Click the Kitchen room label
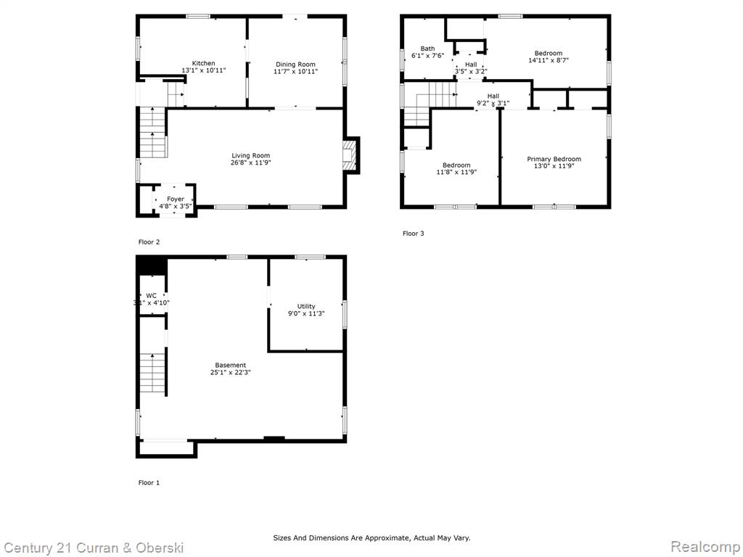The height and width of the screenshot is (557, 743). coord(203,63)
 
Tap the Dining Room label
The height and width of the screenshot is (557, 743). coord(296,65)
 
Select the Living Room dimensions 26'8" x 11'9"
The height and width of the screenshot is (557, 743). coord(250,163)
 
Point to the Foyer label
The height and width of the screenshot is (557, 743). coord(176,199)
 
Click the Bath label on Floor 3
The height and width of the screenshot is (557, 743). coord(427,49)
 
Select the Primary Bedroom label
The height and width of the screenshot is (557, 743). coord(554,159)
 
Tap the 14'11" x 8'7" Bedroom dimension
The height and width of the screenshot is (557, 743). coord(549,60)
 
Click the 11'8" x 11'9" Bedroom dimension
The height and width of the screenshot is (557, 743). coord(456,173)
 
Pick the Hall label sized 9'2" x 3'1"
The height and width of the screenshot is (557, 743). coord(493,96)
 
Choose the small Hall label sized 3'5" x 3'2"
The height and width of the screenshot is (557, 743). coord(471,65)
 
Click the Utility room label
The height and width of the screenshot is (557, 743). coord(306,307)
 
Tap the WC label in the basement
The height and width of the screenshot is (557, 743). coord(151,296)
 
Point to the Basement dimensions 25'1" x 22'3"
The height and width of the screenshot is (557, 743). coord(230,372)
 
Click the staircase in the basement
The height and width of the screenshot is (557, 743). coord(152,373)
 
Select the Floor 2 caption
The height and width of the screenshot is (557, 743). coord(149,242)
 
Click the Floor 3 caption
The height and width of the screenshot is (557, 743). coord(413,234)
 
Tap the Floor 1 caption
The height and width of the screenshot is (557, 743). coord(149,482)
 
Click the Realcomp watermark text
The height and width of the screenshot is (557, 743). coord(705,547)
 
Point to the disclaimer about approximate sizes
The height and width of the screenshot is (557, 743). coord(371,537)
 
